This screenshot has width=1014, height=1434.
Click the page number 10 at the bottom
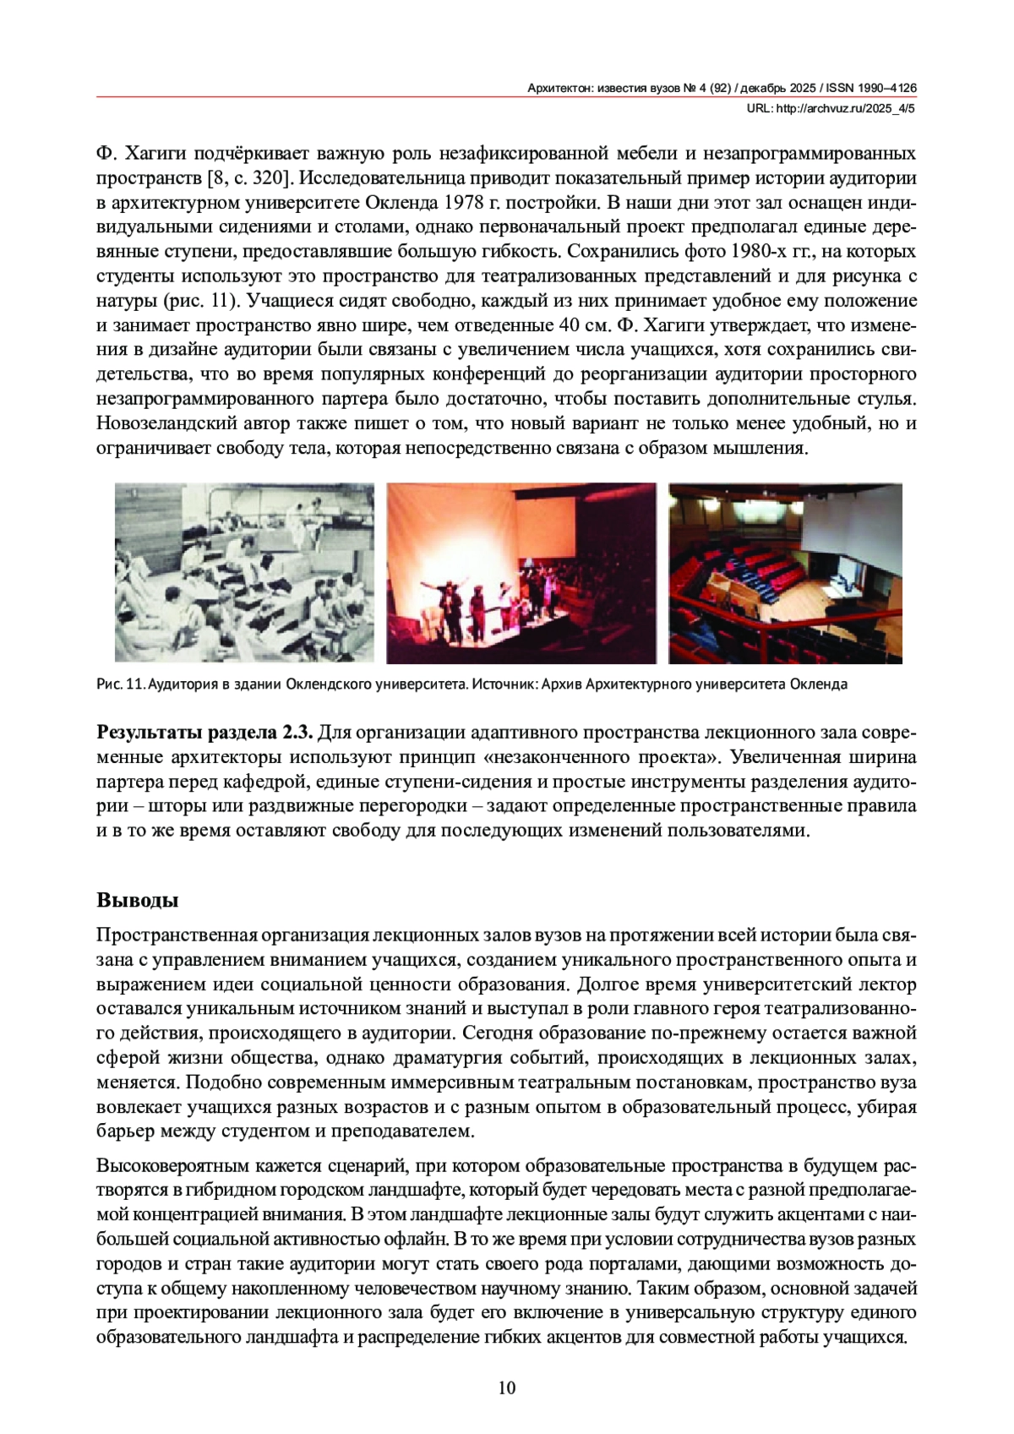coord(507,1388)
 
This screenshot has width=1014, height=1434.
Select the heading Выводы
coord(137,899)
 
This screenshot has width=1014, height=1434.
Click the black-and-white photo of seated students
coord(244,573)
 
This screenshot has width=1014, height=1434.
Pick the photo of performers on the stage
coord(521,573)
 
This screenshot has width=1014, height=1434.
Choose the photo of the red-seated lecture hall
coord(785,573)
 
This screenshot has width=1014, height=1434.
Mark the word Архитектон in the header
coord(560,88)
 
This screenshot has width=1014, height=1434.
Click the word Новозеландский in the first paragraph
coord(166,423)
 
